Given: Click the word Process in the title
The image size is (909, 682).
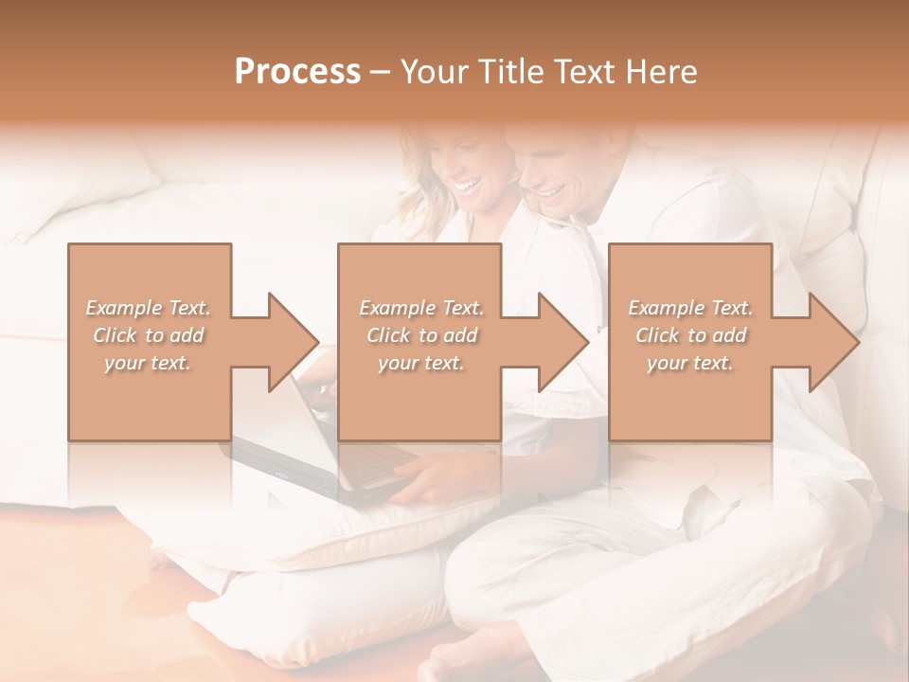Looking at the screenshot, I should coord(297,71).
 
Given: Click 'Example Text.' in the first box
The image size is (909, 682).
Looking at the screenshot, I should coord(149,308).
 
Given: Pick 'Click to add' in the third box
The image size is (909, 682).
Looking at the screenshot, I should coord(690,335).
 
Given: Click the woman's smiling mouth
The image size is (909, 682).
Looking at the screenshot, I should coord(466,185).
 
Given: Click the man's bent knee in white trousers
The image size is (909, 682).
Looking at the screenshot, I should coord(530,578).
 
